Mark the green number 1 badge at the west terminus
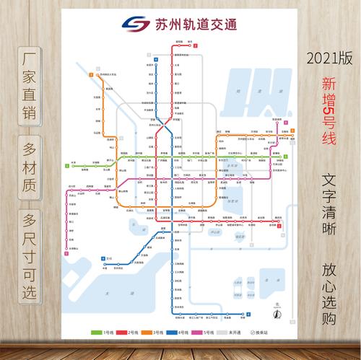tap(66, 166)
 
